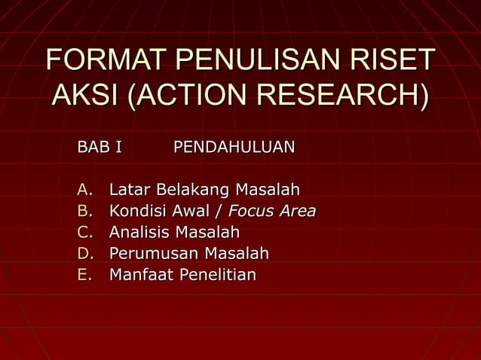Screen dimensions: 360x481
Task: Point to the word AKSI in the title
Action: pos(84,97)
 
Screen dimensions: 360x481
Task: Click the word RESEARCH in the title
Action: pos(338,97)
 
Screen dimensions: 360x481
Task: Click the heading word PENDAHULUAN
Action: pos(234,146)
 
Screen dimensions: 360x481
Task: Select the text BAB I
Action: pos(100,146)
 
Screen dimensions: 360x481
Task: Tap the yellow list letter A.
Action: pos(84,189)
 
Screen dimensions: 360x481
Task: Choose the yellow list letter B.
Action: pos(84,211)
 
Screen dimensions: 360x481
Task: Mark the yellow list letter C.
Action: pos(84,232)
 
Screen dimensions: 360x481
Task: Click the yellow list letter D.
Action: pos(84,254)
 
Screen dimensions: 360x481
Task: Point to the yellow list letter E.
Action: pos(84,275)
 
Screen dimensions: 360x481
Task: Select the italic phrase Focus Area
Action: pos(271,211)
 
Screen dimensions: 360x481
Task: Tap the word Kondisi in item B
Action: pos(136,211)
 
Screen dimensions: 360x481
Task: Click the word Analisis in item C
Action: pos(139,232)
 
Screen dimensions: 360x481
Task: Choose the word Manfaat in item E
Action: pos(141,275)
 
